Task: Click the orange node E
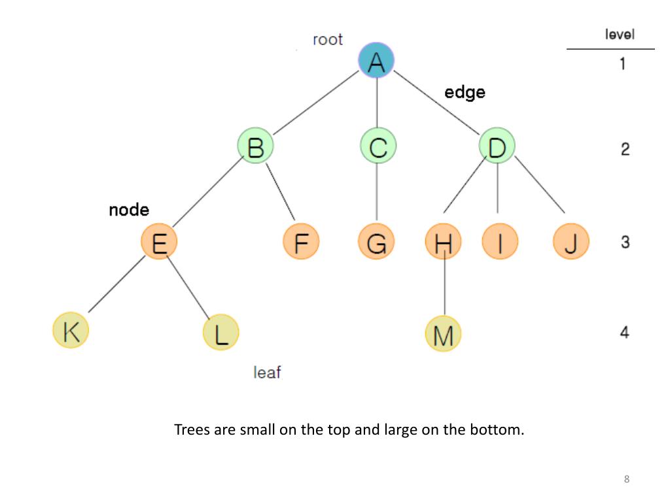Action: tap(159, 241)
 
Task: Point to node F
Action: tap(301, 241)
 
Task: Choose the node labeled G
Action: tap(376, 241)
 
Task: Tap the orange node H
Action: tap(443, 241)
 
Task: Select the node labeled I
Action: tap(500, 241)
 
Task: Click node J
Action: tap(571, 241)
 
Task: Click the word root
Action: tap(328, 40)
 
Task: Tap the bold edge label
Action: tap(465, 92)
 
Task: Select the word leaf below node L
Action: tap(267, 373)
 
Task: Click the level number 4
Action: tap(624, 333)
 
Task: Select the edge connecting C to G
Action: tap(377, 193)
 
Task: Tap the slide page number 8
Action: tap(626, 480)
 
